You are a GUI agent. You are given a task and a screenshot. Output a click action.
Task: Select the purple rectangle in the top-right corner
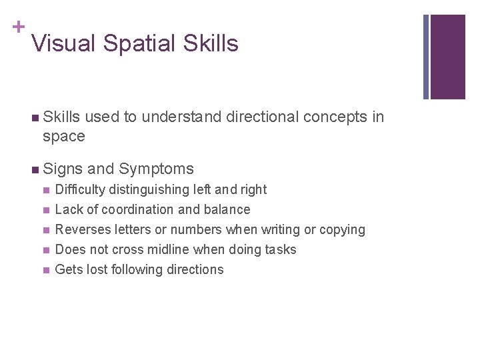pos(447,57)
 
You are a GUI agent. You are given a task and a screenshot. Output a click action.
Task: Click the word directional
pos(262,117)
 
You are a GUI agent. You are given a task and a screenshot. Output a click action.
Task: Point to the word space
pos(63,137)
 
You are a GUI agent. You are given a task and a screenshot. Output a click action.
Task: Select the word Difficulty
pos(82,190)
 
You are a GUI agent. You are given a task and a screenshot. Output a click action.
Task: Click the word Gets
pos(67,270)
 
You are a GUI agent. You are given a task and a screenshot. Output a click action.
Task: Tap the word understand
pos(181,117)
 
